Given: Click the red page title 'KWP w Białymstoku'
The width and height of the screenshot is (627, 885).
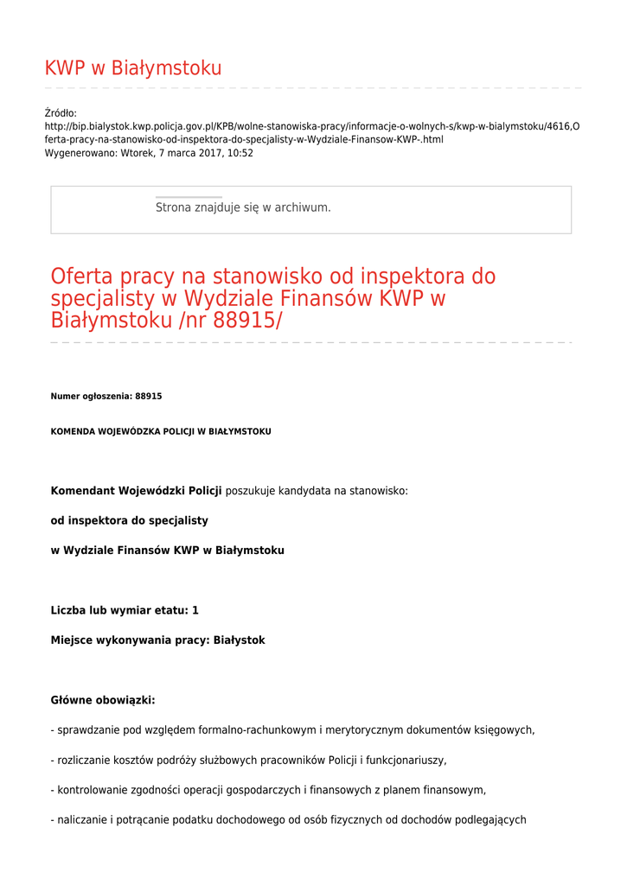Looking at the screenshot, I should point(133,68).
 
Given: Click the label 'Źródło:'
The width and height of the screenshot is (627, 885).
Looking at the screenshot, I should point(61,112).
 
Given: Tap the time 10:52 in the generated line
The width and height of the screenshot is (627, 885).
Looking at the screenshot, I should point(240,153).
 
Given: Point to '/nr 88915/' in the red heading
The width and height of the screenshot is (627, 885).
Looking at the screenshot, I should point(229,321).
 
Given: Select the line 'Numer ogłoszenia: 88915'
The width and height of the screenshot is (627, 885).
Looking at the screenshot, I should point(106,396).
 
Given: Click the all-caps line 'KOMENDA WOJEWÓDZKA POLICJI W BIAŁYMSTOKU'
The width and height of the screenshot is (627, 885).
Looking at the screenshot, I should point(161,431).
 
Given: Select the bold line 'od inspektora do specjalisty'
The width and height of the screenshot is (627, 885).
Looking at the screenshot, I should point(130,520).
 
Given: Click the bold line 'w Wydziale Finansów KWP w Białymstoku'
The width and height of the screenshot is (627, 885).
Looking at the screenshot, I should point(168,550).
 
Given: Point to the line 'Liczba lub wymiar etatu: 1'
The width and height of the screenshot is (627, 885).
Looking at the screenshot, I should point(125,610).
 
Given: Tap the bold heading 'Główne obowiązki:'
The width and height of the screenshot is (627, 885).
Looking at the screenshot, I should point(103,700).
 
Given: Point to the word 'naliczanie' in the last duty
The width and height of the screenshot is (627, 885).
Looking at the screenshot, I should point(83,820).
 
